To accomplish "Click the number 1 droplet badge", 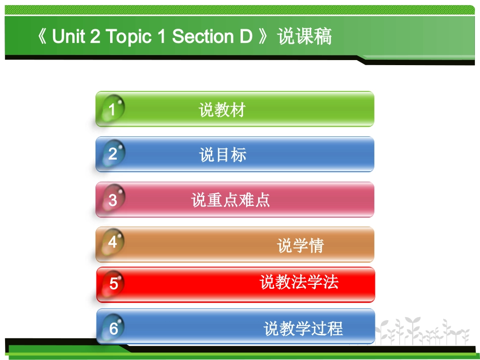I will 112,109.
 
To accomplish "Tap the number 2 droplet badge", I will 112,154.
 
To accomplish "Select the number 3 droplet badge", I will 112,200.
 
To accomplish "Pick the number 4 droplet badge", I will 112,243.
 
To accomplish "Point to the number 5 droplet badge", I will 113,284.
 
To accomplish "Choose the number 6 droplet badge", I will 113,328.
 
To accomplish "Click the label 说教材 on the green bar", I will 222,110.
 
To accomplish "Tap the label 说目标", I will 223,155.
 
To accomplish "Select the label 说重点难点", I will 230,200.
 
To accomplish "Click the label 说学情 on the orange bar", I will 301,245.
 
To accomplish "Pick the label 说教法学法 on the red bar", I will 299,282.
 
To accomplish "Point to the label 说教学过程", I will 303,329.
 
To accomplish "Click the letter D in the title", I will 245,37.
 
